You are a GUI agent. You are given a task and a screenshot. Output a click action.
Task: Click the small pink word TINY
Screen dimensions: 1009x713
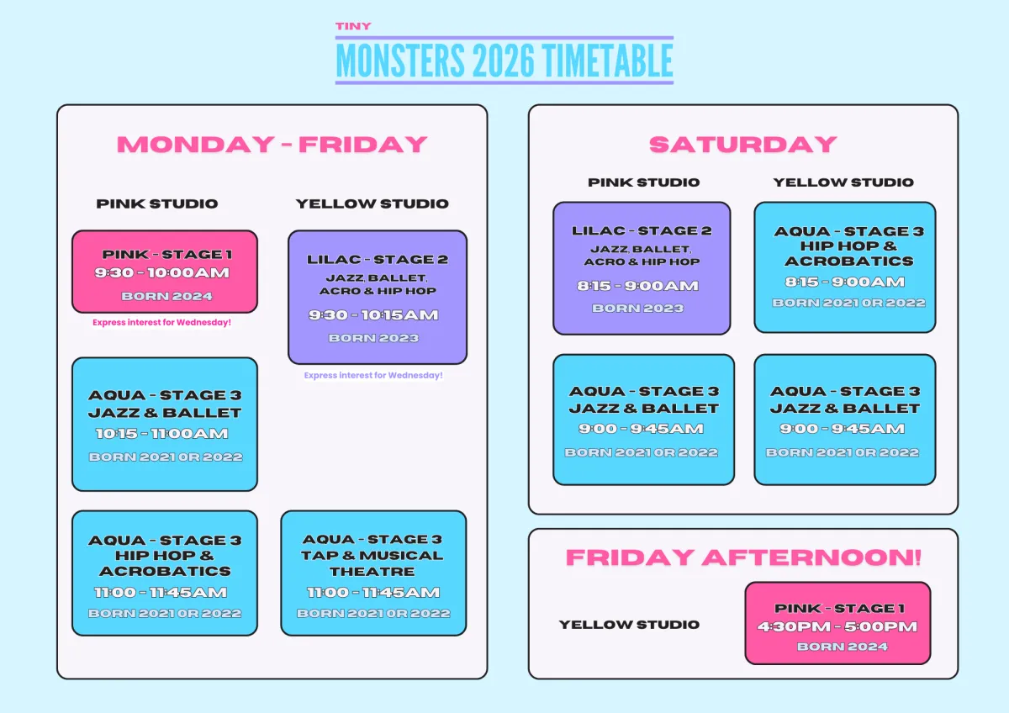[x=353, y=26]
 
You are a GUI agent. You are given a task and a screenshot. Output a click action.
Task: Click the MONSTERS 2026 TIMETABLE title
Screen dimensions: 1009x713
[x=504, y=61]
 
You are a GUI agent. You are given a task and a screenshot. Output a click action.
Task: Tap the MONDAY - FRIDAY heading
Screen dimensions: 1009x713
[x=272, y=145]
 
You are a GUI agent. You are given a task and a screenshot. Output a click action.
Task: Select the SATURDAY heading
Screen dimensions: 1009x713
[x=742, y=145]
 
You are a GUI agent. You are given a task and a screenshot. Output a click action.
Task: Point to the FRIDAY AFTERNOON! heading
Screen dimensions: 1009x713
[x=743, y=557]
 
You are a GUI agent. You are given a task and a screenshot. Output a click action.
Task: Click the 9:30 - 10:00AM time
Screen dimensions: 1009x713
[x=161, y=272]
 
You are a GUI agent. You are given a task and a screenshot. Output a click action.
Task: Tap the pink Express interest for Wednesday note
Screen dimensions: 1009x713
[x=161, y=323]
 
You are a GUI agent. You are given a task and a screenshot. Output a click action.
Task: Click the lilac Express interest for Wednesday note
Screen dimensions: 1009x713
[x=373, y=375]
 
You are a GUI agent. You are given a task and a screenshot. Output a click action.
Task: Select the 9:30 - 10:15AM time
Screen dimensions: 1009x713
[x=373, y=314]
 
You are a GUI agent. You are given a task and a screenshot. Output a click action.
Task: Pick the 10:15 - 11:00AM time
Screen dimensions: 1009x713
[x=162, y=433]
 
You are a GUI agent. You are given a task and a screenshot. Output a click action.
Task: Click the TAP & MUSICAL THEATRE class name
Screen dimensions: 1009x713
[x=372, y=563]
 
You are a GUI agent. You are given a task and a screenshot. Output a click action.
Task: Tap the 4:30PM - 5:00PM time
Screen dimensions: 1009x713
[x=837, y=626]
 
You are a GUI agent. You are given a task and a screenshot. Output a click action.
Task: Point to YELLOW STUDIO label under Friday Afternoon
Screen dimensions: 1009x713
[x=629, y=624]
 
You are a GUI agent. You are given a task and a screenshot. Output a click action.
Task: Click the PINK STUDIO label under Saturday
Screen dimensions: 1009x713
[x=644, y=182]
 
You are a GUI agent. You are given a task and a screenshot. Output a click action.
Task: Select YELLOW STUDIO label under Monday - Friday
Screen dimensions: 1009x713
[x=372, y=203]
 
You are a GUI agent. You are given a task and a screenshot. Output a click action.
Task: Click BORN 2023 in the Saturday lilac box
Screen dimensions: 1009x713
[x=638, y=308]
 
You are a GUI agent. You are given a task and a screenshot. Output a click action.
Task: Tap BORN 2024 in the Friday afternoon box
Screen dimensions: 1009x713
[x=843, y=647]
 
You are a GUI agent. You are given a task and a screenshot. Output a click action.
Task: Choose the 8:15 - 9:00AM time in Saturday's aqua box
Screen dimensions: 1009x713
[x=844, y=282]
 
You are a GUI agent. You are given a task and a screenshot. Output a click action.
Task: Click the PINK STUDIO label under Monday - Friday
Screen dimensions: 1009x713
[x=156, y=203]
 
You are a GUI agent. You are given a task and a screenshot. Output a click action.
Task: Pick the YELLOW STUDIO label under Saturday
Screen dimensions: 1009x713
[x=843, y=182]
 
